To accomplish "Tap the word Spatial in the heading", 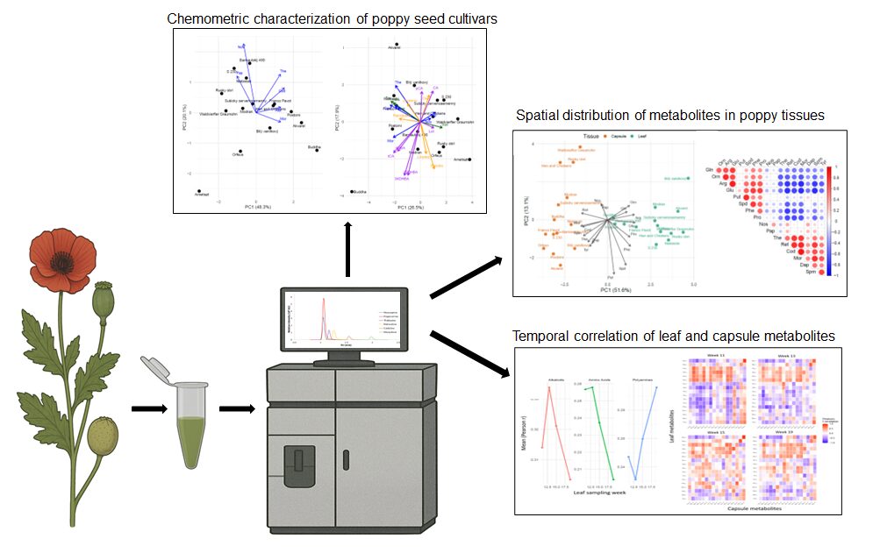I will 538,115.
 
